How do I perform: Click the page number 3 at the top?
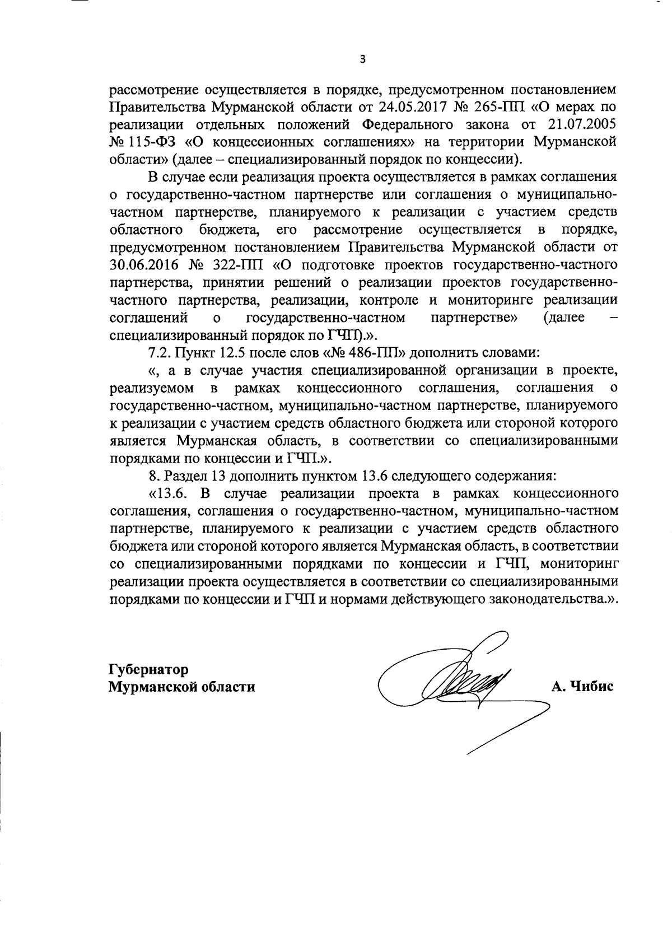362,59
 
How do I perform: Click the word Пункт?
194,353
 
